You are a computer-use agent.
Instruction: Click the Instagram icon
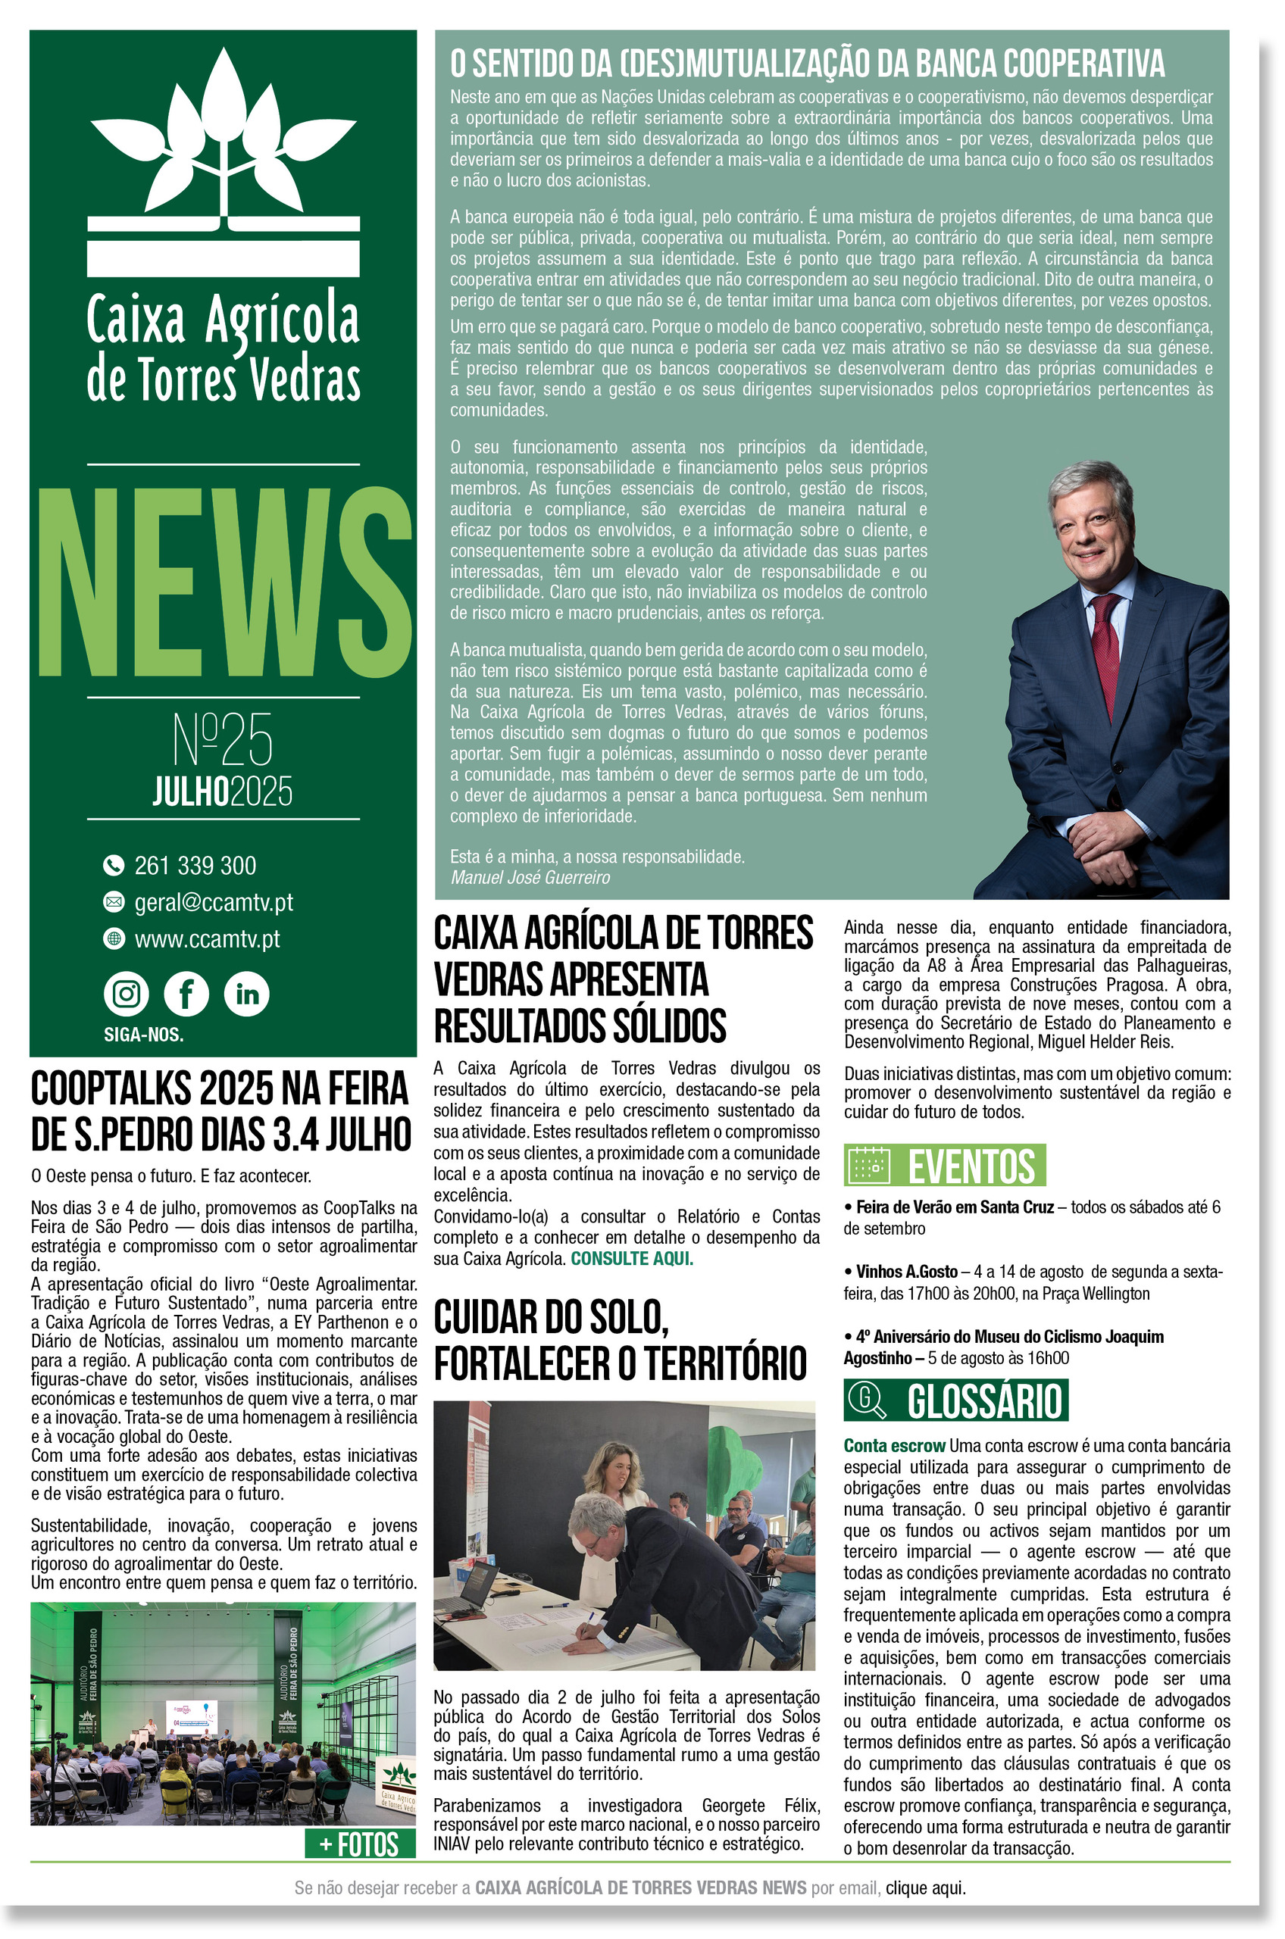pyautogui.click(x=127, y=994)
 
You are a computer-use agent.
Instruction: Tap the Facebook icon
pyautogui.click(x=186, y=994)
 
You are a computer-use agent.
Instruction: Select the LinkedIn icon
pyautogui.click(x=247, y=994)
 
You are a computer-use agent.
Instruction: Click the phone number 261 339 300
pyautogui.click(x=195, y=865)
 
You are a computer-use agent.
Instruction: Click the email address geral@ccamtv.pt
pyautogui.click(x=213, y=902)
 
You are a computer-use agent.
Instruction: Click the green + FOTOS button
pyautogui.click(x=359, y=1844)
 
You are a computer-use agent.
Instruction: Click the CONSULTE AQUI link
pyautogui.click(x=632, y=1259)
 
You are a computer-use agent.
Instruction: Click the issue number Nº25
pyautogui.click(x=222, y=739)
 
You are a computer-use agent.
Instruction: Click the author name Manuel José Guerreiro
pyautogui.click(x=530, y=877)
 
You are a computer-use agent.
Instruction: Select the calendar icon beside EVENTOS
pyautogui.click(x=869, y=1164)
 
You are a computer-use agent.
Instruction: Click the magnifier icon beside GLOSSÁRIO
pyautogui.click(x=867, y=1400)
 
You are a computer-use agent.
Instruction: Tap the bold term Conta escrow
pyautogui.click(x=895, y=1446)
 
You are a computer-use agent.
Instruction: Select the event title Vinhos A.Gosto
pyautogui.click(x=906, y=1272)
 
